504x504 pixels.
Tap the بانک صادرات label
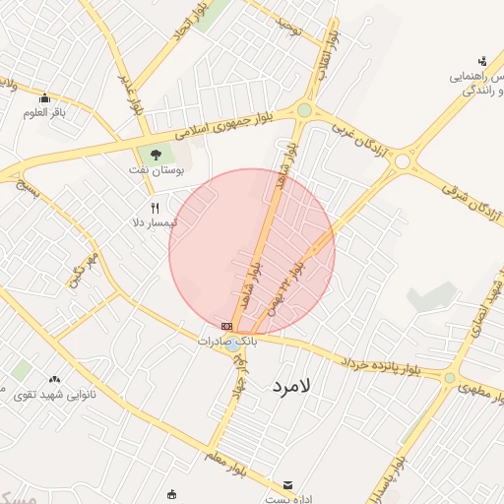226,341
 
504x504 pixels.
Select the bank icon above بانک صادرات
227,326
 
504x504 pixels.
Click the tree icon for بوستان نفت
155,153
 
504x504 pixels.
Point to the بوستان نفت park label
154,170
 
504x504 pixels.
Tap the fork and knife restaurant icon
155,208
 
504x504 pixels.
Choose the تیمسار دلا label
154,223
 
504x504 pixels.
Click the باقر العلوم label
44,112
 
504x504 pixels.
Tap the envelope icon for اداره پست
287,485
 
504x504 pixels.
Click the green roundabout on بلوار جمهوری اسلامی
304,110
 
